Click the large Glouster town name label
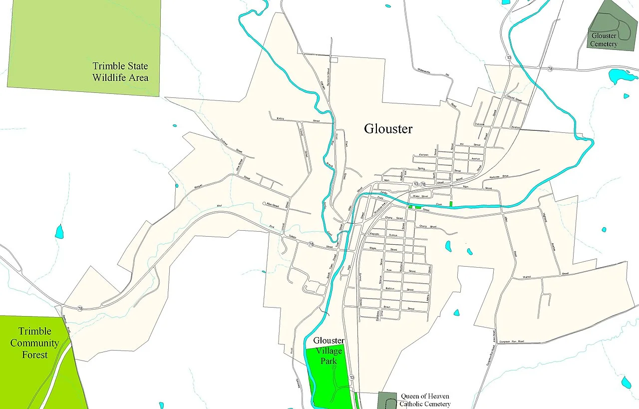[388, 129]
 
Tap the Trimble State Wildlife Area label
[120, 72]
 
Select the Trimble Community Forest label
[34, 343]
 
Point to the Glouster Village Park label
[328, 351]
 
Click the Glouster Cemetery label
[604, 40]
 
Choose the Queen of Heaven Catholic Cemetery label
[425, 400]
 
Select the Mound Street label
[514, 99]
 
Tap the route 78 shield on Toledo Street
[311, 244]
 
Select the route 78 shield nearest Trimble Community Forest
[80, 309]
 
